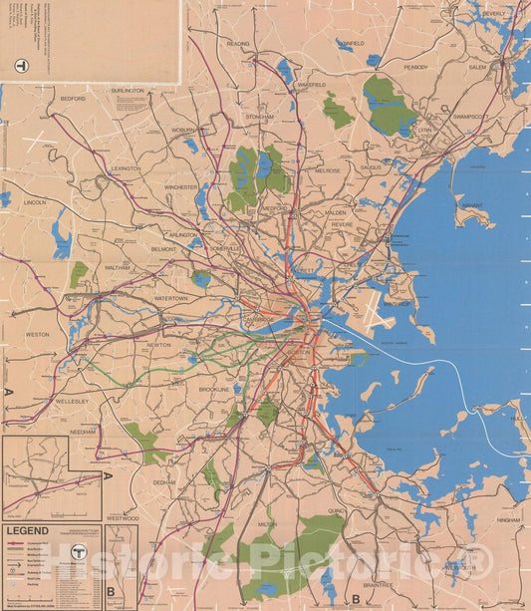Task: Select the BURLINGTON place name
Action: pyautogui.click(x=128, y=91)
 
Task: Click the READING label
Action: pyautogui.click(x=238, y=44)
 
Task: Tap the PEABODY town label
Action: pyautogui.click(x=414, y=67)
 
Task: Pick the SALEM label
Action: pyautogui.click(x=477, y=67)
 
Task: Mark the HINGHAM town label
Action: pyautogui.click(x=508, y=521)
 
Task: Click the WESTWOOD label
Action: pyautogui.click(x=123, y=518)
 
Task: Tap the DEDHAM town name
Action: pyautogui.click(x=163, y=481)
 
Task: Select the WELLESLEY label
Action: pyautogui.click(x=73, y=401)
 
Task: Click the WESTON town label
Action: pyautogui.click(x=38, y=335)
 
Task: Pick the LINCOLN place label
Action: pyautogui.click(x=35, y=202)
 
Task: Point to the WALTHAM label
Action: pyautogui.click(x=118, y=267)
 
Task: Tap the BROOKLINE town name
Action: pyautogui.click(x=214, y=390)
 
